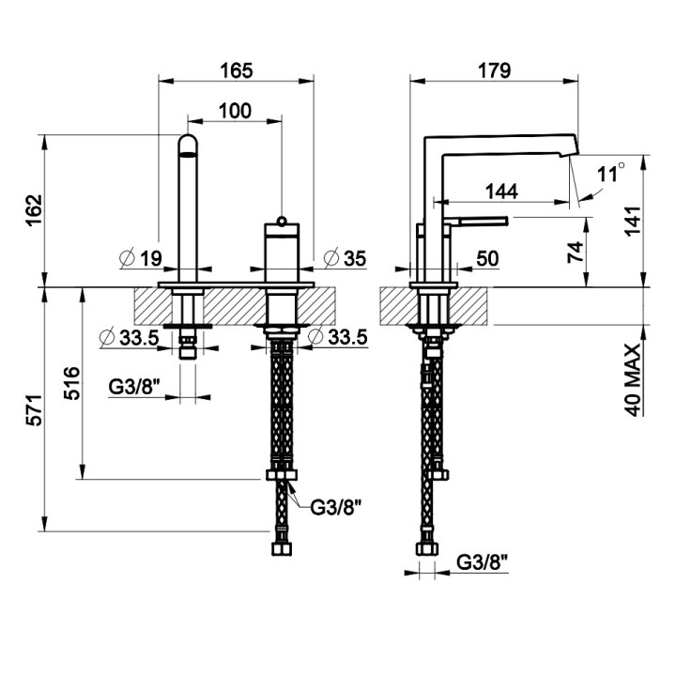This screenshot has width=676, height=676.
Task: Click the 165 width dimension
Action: tap(237, 70)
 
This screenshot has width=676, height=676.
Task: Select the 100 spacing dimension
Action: tap(235, 111)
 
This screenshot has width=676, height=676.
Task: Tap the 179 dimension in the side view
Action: tap(494, 70)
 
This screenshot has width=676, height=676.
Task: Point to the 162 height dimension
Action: tap(35, 210)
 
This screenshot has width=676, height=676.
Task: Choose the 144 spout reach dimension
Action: tap(501, 192)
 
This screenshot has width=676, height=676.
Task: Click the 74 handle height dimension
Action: tap(576, 252)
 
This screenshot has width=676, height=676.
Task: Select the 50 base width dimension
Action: tap(487, 259)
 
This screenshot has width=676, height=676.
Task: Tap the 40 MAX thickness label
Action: tap(634, 380)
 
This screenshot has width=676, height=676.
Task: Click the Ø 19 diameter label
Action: tap(141, 258)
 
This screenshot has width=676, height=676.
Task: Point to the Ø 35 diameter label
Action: tap(345, 258)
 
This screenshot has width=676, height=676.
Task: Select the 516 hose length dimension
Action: tap(72, 383)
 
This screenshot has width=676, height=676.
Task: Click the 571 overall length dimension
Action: tap(35, 410)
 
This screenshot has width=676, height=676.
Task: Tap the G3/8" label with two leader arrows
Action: tap(335, 508)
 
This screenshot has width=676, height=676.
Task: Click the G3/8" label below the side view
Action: tap(483, 562)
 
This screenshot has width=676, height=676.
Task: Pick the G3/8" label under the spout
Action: tap(134, 387)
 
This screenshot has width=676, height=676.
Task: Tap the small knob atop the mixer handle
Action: tap(282, 221)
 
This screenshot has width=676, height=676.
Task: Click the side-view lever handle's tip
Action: tap(507, 221)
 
